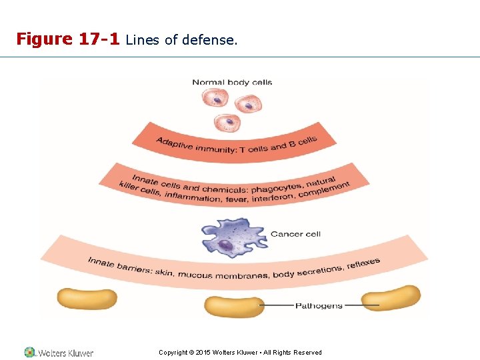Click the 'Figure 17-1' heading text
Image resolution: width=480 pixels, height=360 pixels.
click(x=67, y=39)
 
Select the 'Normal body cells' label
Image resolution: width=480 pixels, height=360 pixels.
click(x=232, y=83)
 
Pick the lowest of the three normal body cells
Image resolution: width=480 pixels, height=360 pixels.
click(x=228, y=123)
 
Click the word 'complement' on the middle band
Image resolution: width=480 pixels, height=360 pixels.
click(x=325, y=189)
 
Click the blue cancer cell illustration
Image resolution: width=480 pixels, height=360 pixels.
click(x=233, y=237)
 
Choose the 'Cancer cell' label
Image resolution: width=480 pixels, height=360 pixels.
click(x=295, y=234)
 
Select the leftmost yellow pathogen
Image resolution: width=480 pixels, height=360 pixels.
click(x=87, y=298)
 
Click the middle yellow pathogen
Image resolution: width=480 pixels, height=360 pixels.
click(x=234, y=306)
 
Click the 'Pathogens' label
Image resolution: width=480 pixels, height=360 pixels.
click(x=319, y=306)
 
